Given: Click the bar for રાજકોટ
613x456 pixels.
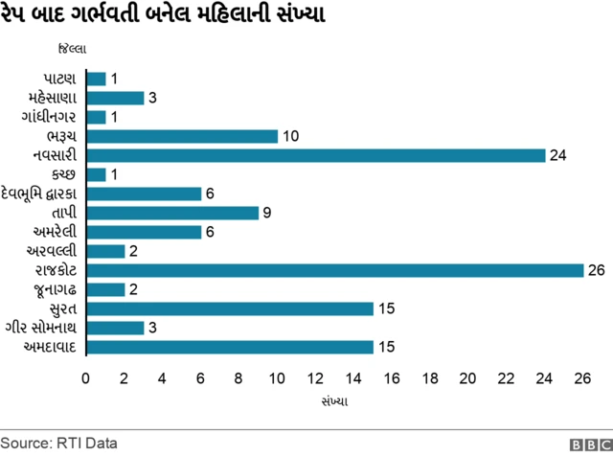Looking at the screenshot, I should click(335, 270).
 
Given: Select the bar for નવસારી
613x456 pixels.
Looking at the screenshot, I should click(316, 155).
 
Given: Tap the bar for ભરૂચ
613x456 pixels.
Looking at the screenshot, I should click(182, 136).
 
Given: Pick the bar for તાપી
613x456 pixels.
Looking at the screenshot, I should click(172, 213).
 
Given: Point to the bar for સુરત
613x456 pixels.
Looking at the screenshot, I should click(230, 308).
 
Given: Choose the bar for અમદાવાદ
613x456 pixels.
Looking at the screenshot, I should click(230, 347).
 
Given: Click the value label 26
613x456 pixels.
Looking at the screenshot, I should click(596, 270).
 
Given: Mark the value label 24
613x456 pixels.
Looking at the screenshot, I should click(557, 155).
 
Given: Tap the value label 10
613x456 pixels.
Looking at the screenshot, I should click(291, 136).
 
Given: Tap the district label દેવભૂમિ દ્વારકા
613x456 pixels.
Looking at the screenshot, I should click(42, 194).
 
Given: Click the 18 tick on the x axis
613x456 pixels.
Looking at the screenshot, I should click(430, 378).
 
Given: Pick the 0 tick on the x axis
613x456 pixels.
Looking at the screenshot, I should click(86, 378).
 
